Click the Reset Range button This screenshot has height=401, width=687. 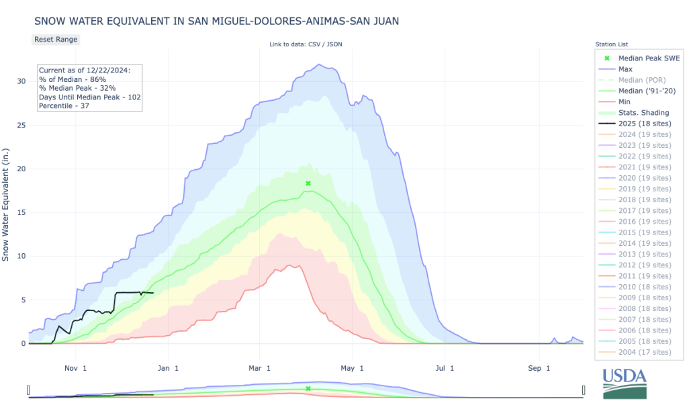56,40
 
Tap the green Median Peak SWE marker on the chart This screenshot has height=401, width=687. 308,183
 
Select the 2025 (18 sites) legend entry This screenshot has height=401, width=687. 644,124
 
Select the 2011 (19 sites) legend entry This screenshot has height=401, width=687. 644,276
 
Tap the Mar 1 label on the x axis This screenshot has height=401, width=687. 259,368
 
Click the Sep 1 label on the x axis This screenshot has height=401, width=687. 539,368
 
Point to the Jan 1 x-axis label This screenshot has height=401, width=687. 168,368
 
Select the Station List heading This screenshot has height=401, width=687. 610,44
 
